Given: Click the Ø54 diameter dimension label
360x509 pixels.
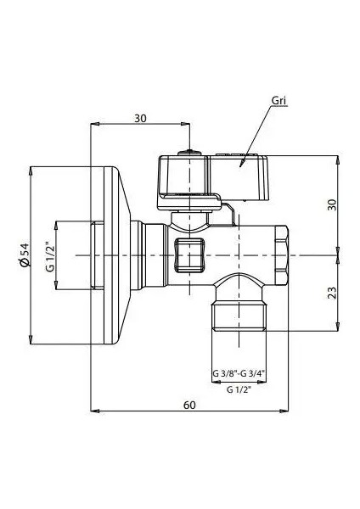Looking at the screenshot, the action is (25, 255).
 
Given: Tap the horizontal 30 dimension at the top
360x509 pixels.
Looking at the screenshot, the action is (140, 119).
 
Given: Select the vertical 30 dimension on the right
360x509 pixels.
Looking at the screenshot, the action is (332, 204).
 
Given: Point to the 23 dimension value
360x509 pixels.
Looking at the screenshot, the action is (332, 293).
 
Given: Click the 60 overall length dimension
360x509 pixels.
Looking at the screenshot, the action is (189, 406).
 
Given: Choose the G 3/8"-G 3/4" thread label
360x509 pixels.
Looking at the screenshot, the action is (239, 373).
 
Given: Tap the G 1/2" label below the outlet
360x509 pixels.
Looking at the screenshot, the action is (239, 389).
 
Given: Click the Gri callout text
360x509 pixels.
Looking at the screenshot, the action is (278, 101).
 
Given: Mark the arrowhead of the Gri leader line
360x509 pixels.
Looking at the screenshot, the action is (241, 164).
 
